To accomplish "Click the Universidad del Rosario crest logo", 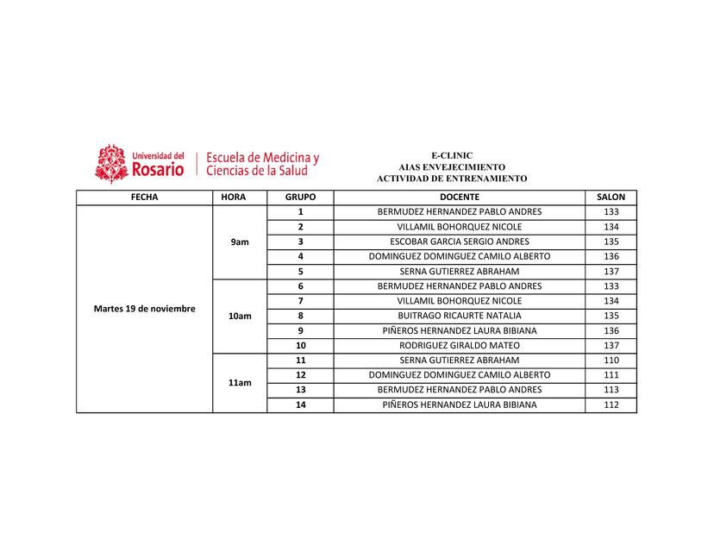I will pos(111,163).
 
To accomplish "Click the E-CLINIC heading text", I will pos(452,155).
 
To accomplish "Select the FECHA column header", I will pos(144,197).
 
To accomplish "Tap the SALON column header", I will pos(611,197).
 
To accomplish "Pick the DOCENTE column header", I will pos(459,197).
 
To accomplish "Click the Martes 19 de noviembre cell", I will pos(144,308).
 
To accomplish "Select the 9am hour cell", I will pos(240,242).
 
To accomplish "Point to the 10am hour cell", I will pos(240,317).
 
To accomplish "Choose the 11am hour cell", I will pos(240,382).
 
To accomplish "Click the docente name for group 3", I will pos(459,241).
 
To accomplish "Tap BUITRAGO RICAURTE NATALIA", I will pos(459,316).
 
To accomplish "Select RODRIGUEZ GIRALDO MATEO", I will pos(459,345).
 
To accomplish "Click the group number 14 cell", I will pos(300,405).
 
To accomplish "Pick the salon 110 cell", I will pos(611,360).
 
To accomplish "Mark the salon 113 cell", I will pos(611,390).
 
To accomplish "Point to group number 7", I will pos(300,301).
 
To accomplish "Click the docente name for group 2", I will pos(459,227).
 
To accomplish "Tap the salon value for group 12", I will pos(611,375).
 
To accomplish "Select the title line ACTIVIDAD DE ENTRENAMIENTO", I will pos(452,178).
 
